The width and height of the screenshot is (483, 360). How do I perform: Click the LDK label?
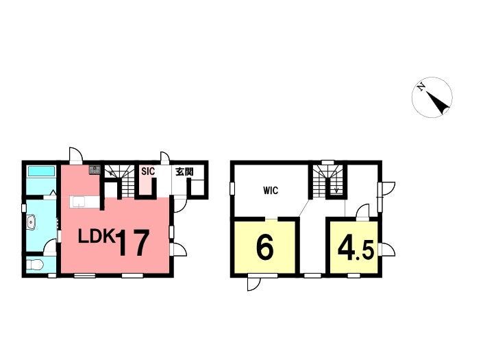coord(97,237)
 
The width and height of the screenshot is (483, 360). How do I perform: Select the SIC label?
coord(148,171)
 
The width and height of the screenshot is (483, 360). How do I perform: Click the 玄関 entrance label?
coord(184,171)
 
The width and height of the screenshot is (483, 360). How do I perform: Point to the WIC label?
coord(271,191)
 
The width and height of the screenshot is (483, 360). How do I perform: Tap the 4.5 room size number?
coord(356,248)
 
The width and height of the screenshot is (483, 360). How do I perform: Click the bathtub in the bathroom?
coord(41,171)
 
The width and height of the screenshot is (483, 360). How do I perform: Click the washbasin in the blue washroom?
coord(32,223)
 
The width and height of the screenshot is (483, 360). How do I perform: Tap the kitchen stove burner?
coord(95,169)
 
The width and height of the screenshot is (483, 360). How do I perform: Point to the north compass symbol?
coord(432,97)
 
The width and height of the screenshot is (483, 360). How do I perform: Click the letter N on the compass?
coord(421,87)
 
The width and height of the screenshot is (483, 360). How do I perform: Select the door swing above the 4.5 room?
coord(362,211)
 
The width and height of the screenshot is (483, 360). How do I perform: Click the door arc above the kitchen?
coord(76,155)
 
